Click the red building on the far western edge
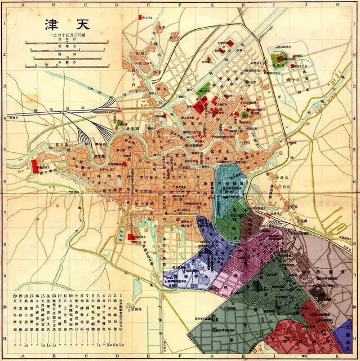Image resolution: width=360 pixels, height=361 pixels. tap(34, 166)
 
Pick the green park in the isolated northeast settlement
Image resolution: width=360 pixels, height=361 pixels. tap(277, 58)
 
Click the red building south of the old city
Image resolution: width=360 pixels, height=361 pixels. tap(131, 237)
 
